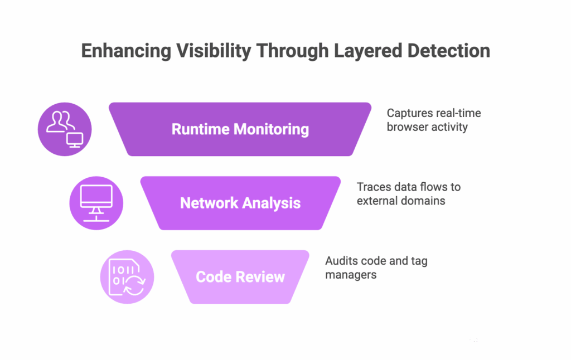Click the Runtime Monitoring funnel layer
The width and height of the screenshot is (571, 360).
pyautogui.click(x=240, y=129)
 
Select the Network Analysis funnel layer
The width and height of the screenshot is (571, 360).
pyautogui.click(x=240, y=203)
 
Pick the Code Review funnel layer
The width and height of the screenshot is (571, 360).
pyautogui.click(x=240, y=277)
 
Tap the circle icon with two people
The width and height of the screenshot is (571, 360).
pyautogui.click(x=65, y=129)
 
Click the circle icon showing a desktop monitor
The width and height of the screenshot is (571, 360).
pyautogui.click(x=96, y=203)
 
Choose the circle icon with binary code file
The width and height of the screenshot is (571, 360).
pyautogui.click(x=127, y=277)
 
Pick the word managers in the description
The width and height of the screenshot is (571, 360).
pyautogui.click(x=351, y=275)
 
